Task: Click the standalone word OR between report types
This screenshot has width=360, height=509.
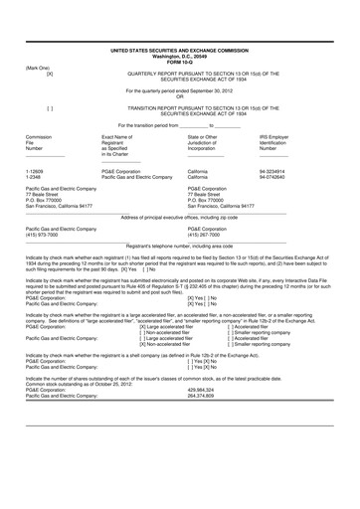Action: [180, 96]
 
